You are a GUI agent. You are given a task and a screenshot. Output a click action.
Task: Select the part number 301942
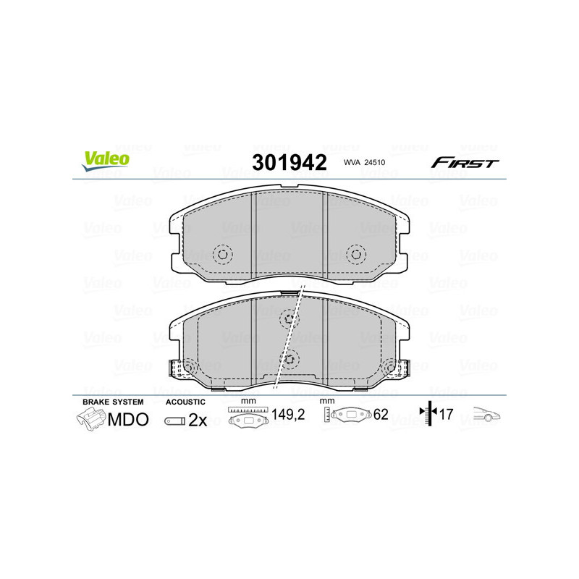point(289,162)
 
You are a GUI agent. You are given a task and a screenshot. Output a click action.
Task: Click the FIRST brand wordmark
point(465,163)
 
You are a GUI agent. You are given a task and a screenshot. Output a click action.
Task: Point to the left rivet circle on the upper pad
point(223,254)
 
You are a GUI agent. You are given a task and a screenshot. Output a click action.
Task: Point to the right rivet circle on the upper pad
point(355,254)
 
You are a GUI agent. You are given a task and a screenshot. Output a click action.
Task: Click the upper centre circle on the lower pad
point(289,318)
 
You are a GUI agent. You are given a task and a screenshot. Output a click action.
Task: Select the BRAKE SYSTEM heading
point(113,402)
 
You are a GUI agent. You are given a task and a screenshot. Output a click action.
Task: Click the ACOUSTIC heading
point(186,402)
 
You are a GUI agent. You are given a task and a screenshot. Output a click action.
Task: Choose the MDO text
point(128,419)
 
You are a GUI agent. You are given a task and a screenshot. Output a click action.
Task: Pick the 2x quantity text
point(198,420)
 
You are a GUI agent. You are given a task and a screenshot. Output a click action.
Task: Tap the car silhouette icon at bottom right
point(488,415)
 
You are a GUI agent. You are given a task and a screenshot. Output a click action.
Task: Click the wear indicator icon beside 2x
point(174,420)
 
